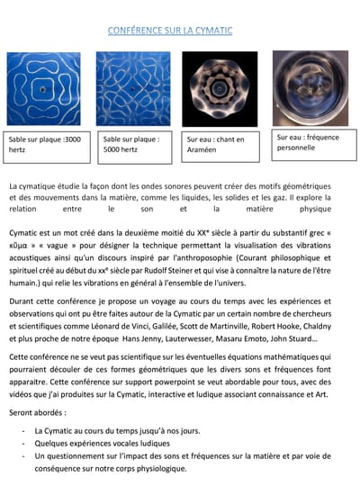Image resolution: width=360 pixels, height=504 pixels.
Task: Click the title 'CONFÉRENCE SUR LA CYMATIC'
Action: tap(170, 31)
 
